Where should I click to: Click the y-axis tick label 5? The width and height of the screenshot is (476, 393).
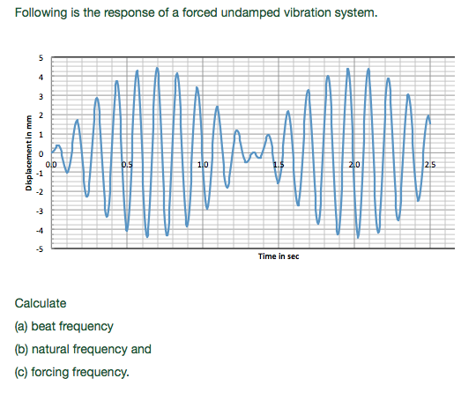pyautogui.click(x=39, y=58)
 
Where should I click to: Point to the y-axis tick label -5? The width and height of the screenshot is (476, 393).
pyautogui.click(x=38, y=249)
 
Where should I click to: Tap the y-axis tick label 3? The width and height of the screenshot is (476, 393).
pyautogui.click(x=39, y=96)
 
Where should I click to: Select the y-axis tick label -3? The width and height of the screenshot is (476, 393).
pyautogui.click(x=38, y=211)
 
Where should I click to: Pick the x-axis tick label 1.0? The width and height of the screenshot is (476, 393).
pyautogui.click(x=204, y=165)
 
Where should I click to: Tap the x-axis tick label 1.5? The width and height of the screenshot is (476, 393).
pyautogui.click(x=279, y=165)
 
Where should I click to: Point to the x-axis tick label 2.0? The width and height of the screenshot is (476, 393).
pyautogui.click(x=354, y=165)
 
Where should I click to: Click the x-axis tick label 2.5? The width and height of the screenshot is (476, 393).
pyautogui.click(x=429, y=165)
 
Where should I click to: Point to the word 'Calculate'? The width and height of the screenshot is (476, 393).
pyautogui.click(x=41, y=303)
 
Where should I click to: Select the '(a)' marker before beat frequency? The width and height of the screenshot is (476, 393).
pyautogui.click(x=23, y=326)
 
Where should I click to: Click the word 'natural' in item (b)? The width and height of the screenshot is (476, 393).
pyautogui.click(x=57, y=349)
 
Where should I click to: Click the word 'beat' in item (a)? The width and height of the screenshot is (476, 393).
pyautogui.click(x=52, y=326)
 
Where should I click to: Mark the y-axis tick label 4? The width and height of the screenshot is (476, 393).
pyautogui.click(x=39, y=78)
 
